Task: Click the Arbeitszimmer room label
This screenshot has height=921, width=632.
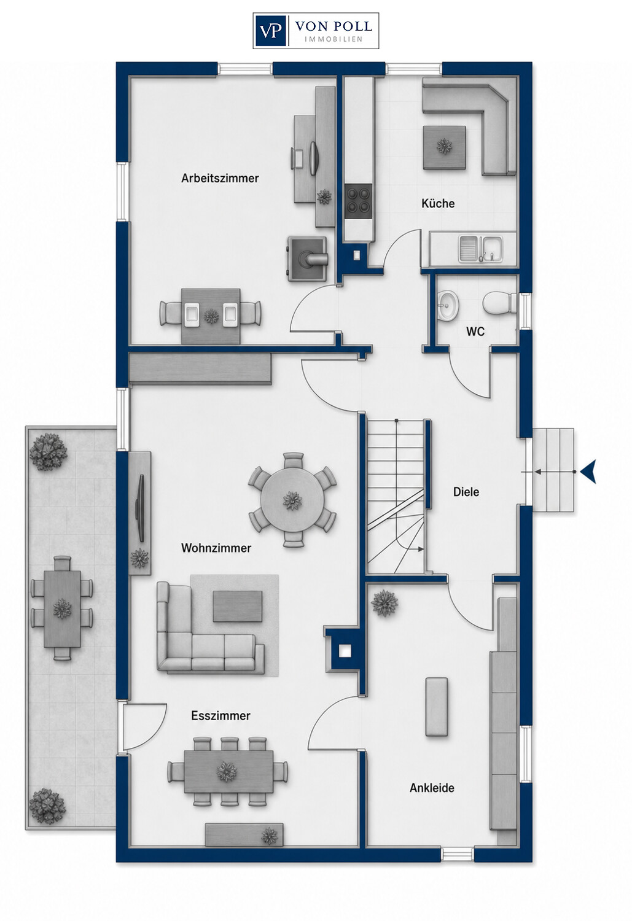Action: [x=220, y=178]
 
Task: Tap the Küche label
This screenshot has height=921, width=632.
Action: [x=438, y=203]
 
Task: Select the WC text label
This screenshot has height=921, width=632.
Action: [x=475, y=332]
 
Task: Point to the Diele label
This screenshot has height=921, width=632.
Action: [x=466, y=492]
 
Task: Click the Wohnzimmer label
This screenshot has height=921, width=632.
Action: [x=216, y=548]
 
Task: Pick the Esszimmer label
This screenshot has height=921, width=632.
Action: [x=221, y=715]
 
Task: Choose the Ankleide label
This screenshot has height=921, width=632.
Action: [x=432, y=788]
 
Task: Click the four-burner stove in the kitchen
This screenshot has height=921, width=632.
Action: [x=359, y=201]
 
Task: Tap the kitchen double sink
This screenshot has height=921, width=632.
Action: [x=481, y=249]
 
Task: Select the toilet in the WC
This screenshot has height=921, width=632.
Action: [x=498, y=302]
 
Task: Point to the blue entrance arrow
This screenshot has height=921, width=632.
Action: [x=588, y=472]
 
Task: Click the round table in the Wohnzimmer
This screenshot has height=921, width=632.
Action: [x=292, y=500]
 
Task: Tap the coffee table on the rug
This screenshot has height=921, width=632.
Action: [x=238, y=607]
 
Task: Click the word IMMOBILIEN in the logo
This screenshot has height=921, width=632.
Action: [x=334, y=39]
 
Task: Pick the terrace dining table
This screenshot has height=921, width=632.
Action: [x=62, y=608]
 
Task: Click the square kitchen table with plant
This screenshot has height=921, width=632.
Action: [x=445, y=147]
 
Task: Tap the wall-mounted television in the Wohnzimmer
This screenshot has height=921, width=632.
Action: [x=141, y=508]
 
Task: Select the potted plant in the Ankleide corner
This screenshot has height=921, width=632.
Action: [x=384, y=603]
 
